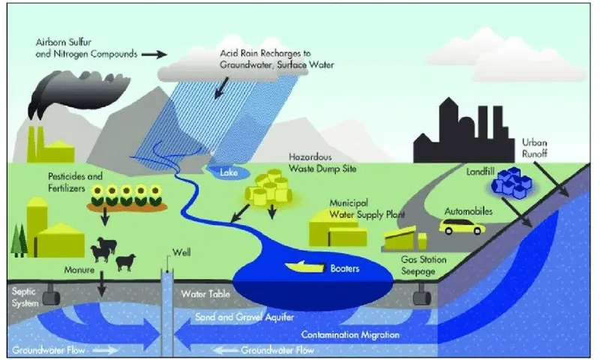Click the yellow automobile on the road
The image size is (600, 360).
[462, 226]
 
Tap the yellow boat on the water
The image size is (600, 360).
[304, 267]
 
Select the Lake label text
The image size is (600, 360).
[229, 172]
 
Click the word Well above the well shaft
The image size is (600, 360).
[181, 252]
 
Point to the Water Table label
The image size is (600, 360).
[205, 294]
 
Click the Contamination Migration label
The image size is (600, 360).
[350, 334]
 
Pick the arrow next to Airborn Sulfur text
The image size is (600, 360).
[154, 54]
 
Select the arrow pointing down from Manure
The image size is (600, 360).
[101, 283]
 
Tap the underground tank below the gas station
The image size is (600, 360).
[422, 295]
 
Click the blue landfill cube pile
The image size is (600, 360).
[511, 182]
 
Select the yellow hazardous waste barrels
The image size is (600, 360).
[268, 187]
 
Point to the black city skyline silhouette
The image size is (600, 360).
[463, 131]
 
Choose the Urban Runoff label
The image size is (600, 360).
[535, 148]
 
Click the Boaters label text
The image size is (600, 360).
[345, 268]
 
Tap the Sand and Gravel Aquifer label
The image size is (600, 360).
[244, 316]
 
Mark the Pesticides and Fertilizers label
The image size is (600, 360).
[76, 182]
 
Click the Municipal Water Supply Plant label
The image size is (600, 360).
[367, 209]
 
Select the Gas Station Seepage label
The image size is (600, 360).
[424, 265]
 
